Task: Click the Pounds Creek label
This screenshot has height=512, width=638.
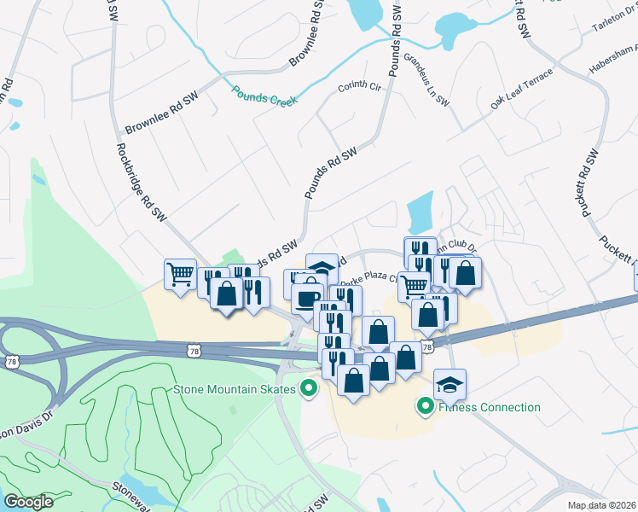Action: (x=264, y=95)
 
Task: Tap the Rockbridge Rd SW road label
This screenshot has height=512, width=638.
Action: (x=141, y=182)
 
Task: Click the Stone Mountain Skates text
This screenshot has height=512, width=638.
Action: (x=235, y=390)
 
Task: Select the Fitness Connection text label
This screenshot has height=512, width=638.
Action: (x=490, y=407)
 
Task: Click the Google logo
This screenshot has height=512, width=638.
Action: (x=29, y=502)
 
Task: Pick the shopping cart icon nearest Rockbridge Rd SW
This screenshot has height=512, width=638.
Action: (x=180, y=274)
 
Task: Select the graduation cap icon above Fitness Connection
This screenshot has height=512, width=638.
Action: (x=449, y=383)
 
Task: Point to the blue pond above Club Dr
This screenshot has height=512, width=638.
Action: (x=421, y=212)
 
